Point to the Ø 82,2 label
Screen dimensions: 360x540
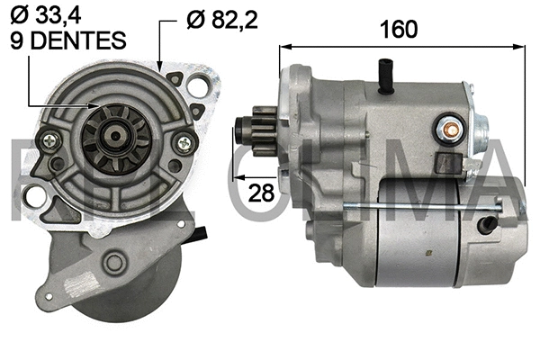point(221,18)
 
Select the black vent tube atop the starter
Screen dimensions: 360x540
point(388,76)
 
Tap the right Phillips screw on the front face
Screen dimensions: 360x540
point(184,141)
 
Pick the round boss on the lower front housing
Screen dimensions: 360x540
point(114,263)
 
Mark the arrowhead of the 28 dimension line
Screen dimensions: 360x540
point(237,178)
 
